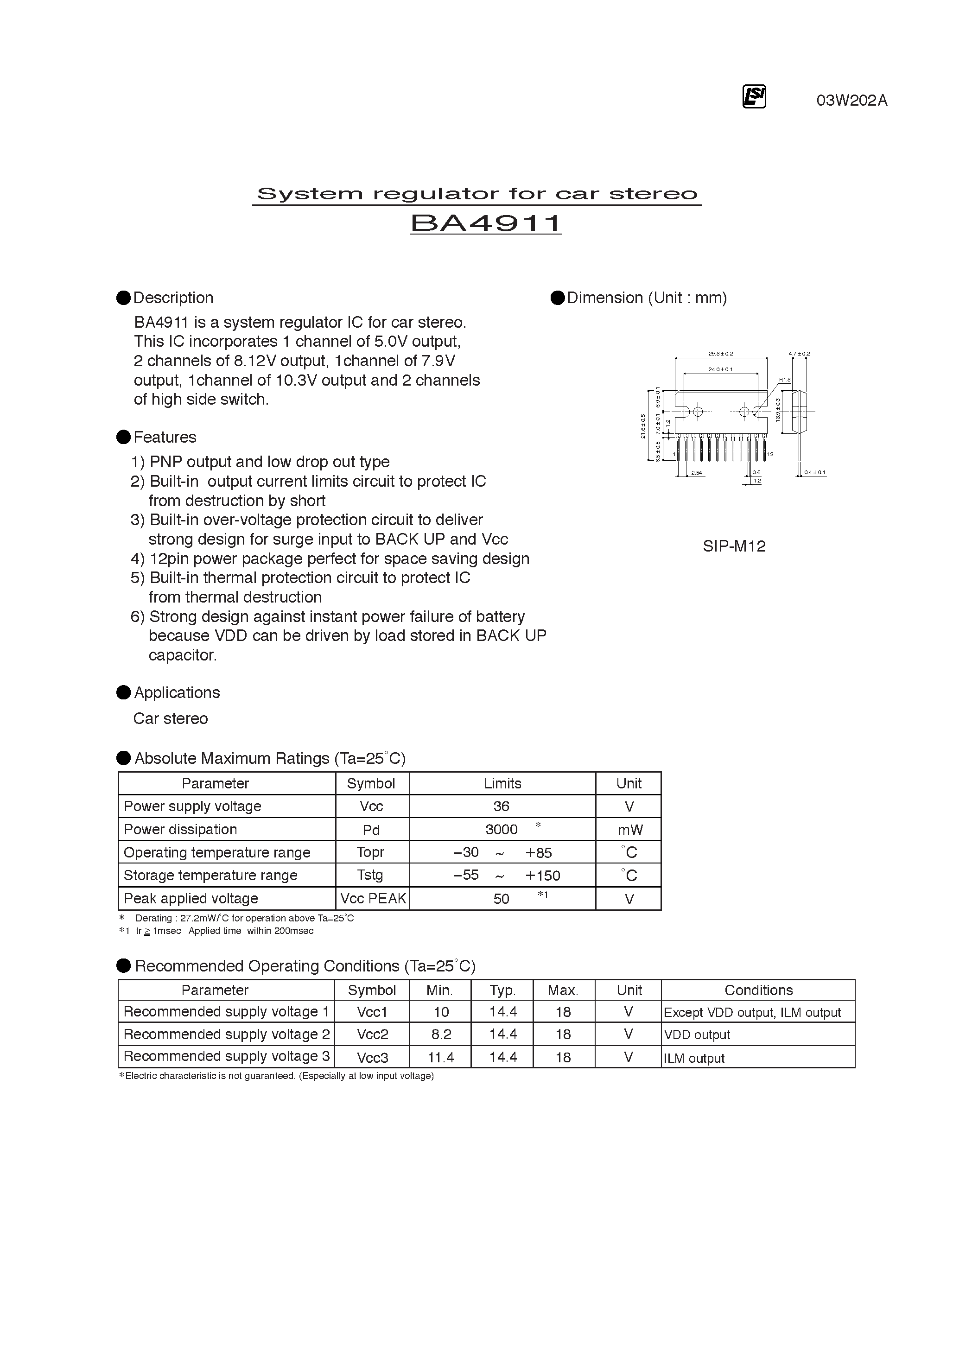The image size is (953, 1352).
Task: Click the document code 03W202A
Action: pyautogui.click(x=851, y=101)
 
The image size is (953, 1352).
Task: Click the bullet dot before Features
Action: pyautogui.click(x=124, y=437)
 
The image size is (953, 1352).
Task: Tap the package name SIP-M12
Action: pyautogui.click(x=734, y=546)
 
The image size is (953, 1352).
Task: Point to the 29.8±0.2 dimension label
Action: pyautogui.click(x=720, y=354)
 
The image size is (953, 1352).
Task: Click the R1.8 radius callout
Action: pyautogui.click(x=785, y=380)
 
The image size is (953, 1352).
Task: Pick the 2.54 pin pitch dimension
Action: pyautogui.click(x=696, y=473)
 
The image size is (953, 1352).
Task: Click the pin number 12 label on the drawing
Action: pyautogui.click(x=770, y=455)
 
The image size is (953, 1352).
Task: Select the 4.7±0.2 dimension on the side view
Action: pyautogui.click(x=799, y=354)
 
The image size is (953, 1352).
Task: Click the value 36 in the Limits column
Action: pyautogui.click(x=501, y=806)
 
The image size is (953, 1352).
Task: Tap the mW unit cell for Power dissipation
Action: pyautogui.click(x=629, y=830)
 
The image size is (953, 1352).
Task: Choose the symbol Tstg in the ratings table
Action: pyautogui.click(x=370, y=875)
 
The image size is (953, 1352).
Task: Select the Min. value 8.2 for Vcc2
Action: pyautogui.click(x=440, y=1035)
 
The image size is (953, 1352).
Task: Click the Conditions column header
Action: pyautogui.click(x=758, y=990)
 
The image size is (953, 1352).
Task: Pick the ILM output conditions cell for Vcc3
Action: pyautogui.click(x=694, y=1058)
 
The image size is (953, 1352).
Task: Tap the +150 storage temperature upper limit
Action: pyautogui.click(x=542, y=876)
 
